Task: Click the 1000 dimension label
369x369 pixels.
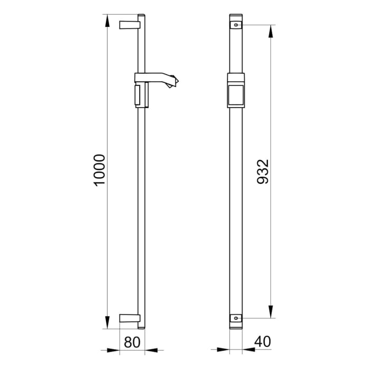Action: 100,170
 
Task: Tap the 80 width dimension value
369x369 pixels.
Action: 132,342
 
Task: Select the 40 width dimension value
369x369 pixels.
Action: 262,342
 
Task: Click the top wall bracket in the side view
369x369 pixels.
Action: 130,24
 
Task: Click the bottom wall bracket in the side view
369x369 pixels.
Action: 130,318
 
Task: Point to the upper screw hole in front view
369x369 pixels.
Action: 236,24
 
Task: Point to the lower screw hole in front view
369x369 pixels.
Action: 236,318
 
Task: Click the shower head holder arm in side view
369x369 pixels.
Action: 158,80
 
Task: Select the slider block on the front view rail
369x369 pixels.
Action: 236,90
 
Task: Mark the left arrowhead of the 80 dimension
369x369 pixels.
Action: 115,349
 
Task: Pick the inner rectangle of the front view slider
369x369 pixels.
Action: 236,95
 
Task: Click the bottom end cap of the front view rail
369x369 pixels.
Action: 236,326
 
